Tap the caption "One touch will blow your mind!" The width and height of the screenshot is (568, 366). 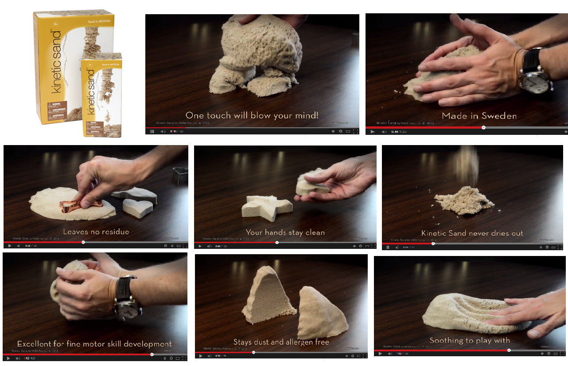pos(252,116)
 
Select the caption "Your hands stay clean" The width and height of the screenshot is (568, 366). pos(285,232)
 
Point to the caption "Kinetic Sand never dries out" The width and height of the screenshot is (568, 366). pos(472,233)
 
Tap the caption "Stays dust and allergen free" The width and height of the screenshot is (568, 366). pos(281,342)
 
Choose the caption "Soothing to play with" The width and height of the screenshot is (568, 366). pos(470,340)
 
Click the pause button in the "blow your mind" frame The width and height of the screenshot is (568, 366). pos(152,131)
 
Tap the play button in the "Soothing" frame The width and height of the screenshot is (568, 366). pos(380,354)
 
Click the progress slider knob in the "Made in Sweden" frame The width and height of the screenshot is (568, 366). pos(483,127)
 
